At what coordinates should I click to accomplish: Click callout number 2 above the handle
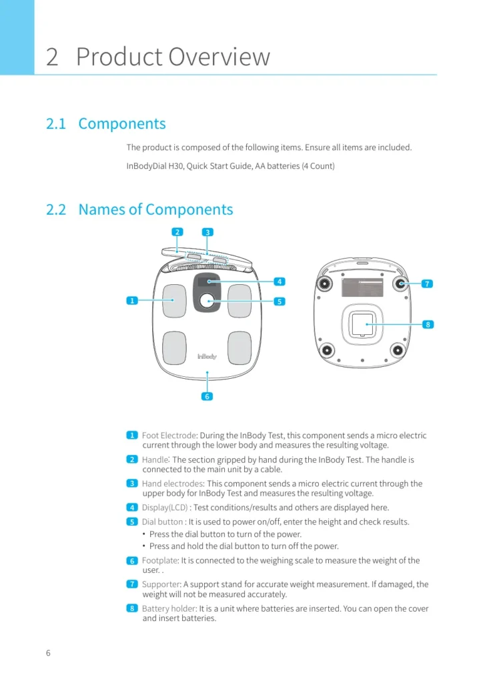coord(177,231)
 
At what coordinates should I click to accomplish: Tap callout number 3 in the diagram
coord(207,232)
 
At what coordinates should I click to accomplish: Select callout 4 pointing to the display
coord(280,281)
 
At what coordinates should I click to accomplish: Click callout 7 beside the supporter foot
coord(427,283)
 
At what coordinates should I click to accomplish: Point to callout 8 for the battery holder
coord(428,324)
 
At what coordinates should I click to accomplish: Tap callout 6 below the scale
coord(207,396)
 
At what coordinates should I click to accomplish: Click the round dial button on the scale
coord(207,301)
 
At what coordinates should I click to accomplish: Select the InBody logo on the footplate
coord(207,356)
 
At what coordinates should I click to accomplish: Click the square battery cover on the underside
coord(363,325)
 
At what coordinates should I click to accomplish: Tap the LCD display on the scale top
coord(207,281)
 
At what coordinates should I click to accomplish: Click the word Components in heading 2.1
coord(122,123)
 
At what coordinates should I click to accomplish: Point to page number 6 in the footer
coord(48,652)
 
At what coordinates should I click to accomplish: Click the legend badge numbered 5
coord(132,522)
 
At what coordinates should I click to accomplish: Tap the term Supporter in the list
coord(161,584)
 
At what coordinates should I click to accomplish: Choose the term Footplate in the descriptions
coord(160,560)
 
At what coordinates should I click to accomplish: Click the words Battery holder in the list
coord(169,608)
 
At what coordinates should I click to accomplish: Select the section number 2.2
coord(56,209)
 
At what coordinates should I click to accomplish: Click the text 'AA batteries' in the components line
coord(278,166)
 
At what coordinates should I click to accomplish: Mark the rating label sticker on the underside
coord(363,287)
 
